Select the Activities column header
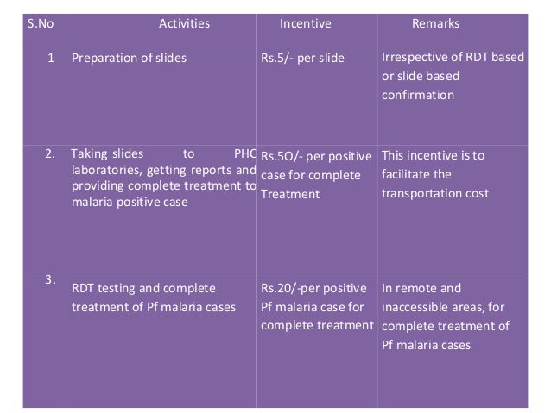tap(184, 23)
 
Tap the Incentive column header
tap(305, 23)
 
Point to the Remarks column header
tap(435, 23)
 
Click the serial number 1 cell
tap(51, 59)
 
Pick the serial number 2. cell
tap(50, 155)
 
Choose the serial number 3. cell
tap(50, 278)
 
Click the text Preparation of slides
tap(129, 59)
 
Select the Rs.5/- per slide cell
tap(302, 59)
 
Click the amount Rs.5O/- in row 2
tap(282, 157)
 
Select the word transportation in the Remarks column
tap(420, 193)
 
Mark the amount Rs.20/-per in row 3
tap(294, 288)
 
